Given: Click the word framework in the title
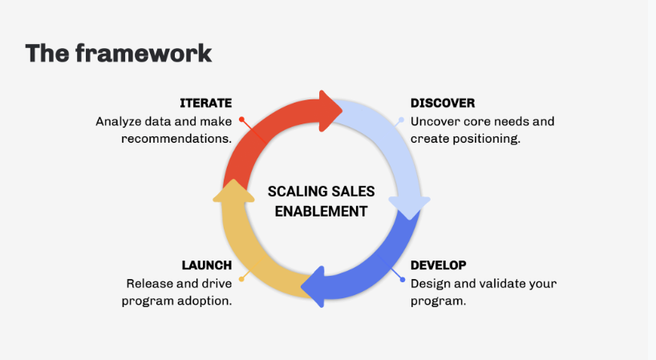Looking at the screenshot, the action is tap(144, 54).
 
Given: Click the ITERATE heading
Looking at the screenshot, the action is tap(206, 103).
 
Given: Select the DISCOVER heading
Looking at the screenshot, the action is tap(443, 103).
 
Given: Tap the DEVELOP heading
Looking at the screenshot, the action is tap(439, 265).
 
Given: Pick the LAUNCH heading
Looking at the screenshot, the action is tap(207, 265).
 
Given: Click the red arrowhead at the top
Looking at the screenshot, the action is tap(330, 111).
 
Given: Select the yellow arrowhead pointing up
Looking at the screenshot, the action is tap(233, 191).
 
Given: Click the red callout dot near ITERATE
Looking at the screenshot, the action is tap(241, 119).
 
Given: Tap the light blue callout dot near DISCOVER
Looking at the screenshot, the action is tap(401, 120).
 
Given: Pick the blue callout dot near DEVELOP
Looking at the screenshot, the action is tap(403, 280).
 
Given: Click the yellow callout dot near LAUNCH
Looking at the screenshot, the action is tap(241, 279).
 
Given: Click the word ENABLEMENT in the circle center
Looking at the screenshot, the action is tap(322, 212).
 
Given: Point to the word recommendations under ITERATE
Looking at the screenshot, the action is tap(176, 139).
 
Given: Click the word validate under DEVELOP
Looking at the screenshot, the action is tap(497, 284).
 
